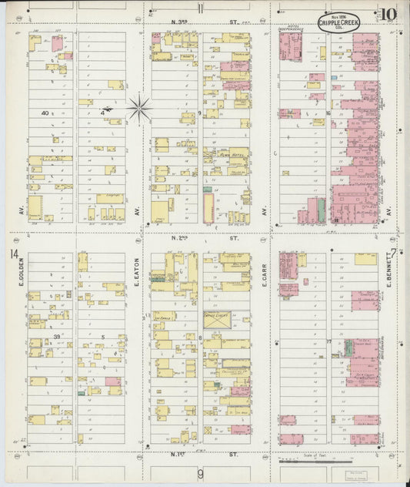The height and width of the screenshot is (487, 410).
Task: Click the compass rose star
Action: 138,108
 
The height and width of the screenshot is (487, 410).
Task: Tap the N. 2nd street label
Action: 205,239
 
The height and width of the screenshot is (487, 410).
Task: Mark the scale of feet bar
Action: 308,461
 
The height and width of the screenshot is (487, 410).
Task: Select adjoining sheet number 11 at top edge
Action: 200,9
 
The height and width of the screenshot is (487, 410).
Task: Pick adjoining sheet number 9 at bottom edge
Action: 200,473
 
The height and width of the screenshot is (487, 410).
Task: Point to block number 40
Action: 45,113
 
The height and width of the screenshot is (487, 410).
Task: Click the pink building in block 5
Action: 112,381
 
